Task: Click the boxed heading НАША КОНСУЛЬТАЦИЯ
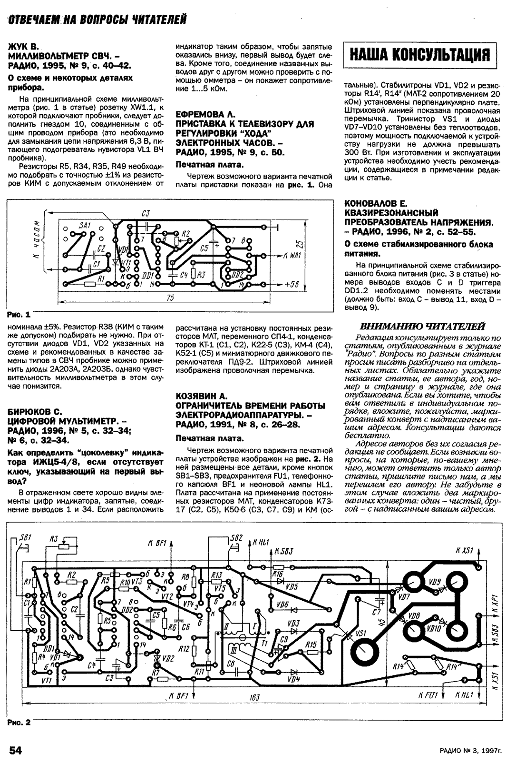tap(419, 55)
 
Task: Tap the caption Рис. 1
tap(19, 314)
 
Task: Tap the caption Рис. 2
tap(19, 722)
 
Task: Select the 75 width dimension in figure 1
tap(170, 298)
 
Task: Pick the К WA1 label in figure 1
tap(292, 256)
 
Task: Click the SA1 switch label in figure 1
tap(85, 225)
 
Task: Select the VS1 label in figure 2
tap(360, 634)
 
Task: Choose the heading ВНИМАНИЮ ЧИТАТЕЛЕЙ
tap(422, 327)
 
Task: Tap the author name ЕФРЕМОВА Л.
tap(205, 114)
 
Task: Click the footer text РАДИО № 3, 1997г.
tap(471, 751)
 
